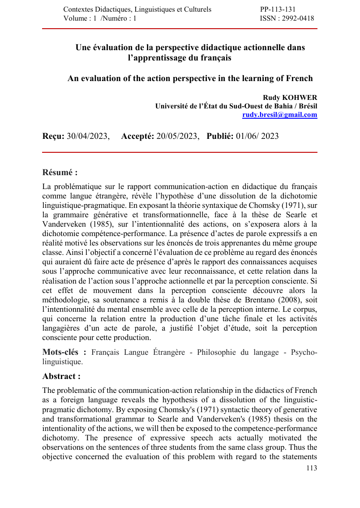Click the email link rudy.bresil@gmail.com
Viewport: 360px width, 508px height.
[x=279, y=115]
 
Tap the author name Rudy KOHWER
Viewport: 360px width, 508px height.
[x=290, y=98]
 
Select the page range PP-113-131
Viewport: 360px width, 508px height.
[x=278, y=9]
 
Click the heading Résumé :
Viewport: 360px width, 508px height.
[x=60, y=172]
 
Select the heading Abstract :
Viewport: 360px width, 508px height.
[x=61, y=376]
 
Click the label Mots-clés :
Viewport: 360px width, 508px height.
[x=64, y=352]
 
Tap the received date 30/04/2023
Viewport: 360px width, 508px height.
[x=88, y=136]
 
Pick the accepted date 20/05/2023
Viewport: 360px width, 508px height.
[x=177, y=136]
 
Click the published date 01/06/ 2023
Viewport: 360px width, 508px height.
[x=257, y=136]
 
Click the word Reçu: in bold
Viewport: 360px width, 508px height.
[x=53, y=136]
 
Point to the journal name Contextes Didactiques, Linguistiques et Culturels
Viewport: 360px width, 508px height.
[x=137, y=9]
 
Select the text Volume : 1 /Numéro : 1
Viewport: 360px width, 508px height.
[x=100, y=18]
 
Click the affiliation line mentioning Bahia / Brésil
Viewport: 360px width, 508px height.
[x=236, y=106]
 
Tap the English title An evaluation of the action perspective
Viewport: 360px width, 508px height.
[x=190, y=78]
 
